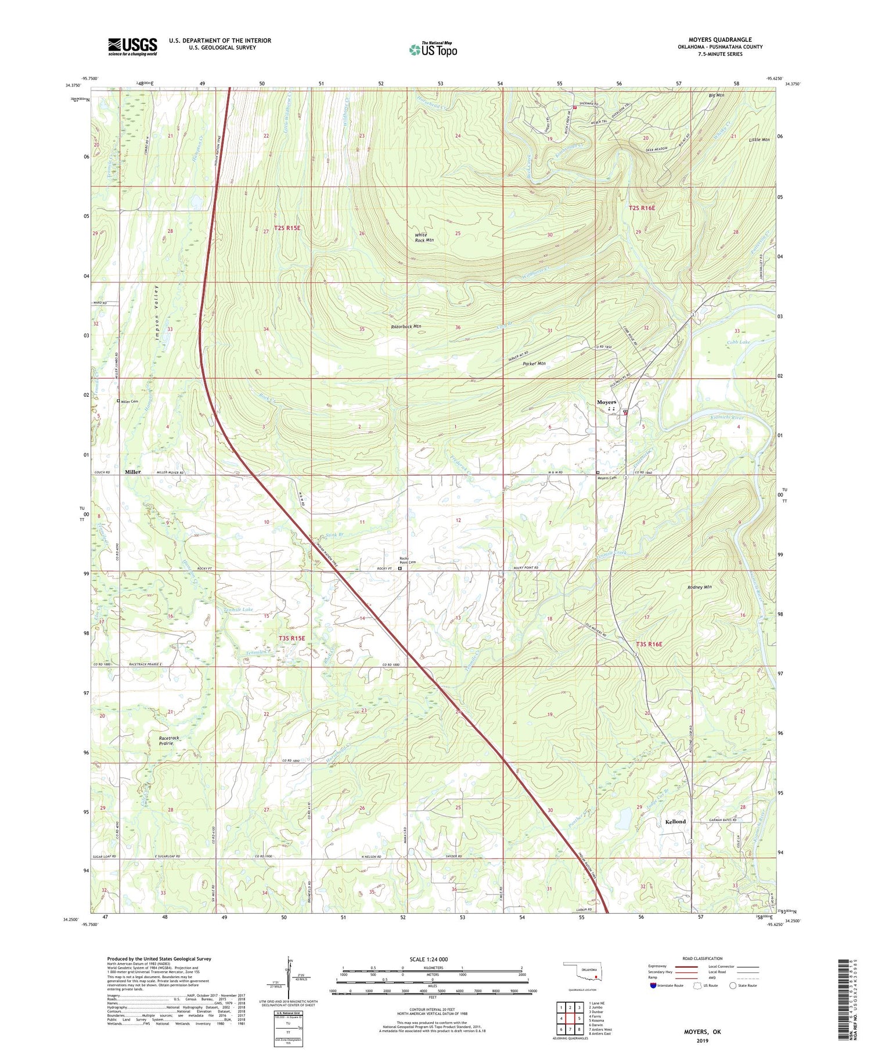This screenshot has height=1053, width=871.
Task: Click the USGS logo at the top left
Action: [132, 46]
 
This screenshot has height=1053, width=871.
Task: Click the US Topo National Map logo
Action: [433, 50]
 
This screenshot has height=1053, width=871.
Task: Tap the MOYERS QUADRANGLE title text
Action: [718, 39]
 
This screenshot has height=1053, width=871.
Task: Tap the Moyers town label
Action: [607, 402]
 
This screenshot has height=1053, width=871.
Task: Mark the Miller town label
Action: [132, 472]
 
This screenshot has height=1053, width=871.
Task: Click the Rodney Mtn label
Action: [699, 587]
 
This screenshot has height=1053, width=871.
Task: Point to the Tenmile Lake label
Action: [238, 610]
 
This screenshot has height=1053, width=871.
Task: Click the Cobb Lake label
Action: [739, 343]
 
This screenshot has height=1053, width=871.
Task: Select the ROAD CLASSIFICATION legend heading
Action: [703, 958]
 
